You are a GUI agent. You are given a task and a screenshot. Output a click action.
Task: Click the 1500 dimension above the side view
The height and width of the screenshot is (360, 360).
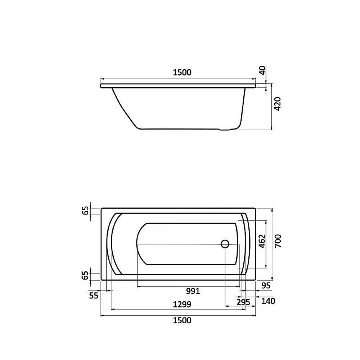click(182, 72)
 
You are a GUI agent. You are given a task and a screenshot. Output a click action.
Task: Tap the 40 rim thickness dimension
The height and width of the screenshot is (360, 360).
click(263, 70)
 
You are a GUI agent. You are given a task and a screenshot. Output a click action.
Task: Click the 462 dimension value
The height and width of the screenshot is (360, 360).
click(262, 242)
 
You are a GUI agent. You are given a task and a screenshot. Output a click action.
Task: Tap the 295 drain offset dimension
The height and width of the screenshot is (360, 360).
click(243, 301)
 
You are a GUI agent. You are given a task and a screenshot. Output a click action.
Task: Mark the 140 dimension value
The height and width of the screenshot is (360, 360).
click(268, 301)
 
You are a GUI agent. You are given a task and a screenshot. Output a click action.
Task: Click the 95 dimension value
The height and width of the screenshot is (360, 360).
click(265, 285)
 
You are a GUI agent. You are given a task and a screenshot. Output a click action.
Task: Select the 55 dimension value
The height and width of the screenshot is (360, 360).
click(94, 296)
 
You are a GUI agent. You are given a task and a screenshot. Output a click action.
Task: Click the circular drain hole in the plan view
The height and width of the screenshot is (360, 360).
click(225, 244)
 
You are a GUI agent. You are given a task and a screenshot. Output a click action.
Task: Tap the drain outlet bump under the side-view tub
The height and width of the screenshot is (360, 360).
click(227, 129)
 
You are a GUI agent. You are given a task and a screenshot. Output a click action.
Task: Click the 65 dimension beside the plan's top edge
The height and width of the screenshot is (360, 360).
click(85, 211)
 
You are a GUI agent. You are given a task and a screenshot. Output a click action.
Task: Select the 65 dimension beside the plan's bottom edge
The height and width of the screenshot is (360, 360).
click(85, 275)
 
